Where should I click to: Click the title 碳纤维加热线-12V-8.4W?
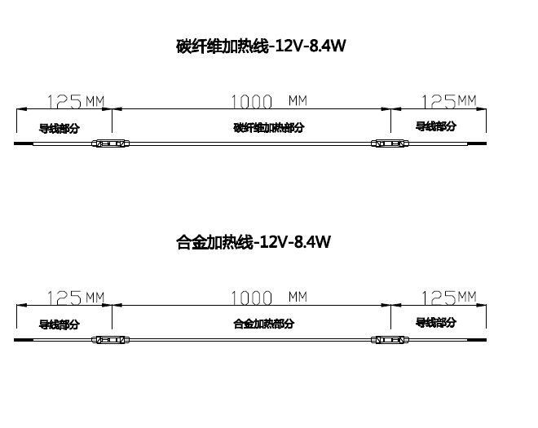coord(262,46)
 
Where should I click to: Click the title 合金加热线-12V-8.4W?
coord(254,243)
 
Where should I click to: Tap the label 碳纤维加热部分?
coord(268,128)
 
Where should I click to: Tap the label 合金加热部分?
coord(263,324)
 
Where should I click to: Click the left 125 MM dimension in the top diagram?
coord(76,102)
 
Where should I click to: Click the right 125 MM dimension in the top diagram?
coord(448,101)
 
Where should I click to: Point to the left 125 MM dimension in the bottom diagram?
coord(76,298)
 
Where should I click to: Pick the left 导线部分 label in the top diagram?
coord(60,128)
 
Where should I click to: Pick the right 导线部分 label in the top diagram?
coord(436,126)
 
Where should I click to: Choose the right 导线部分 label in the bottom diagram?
coord(436,322)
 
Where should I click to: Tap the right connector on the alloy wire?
coord(388,339)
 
